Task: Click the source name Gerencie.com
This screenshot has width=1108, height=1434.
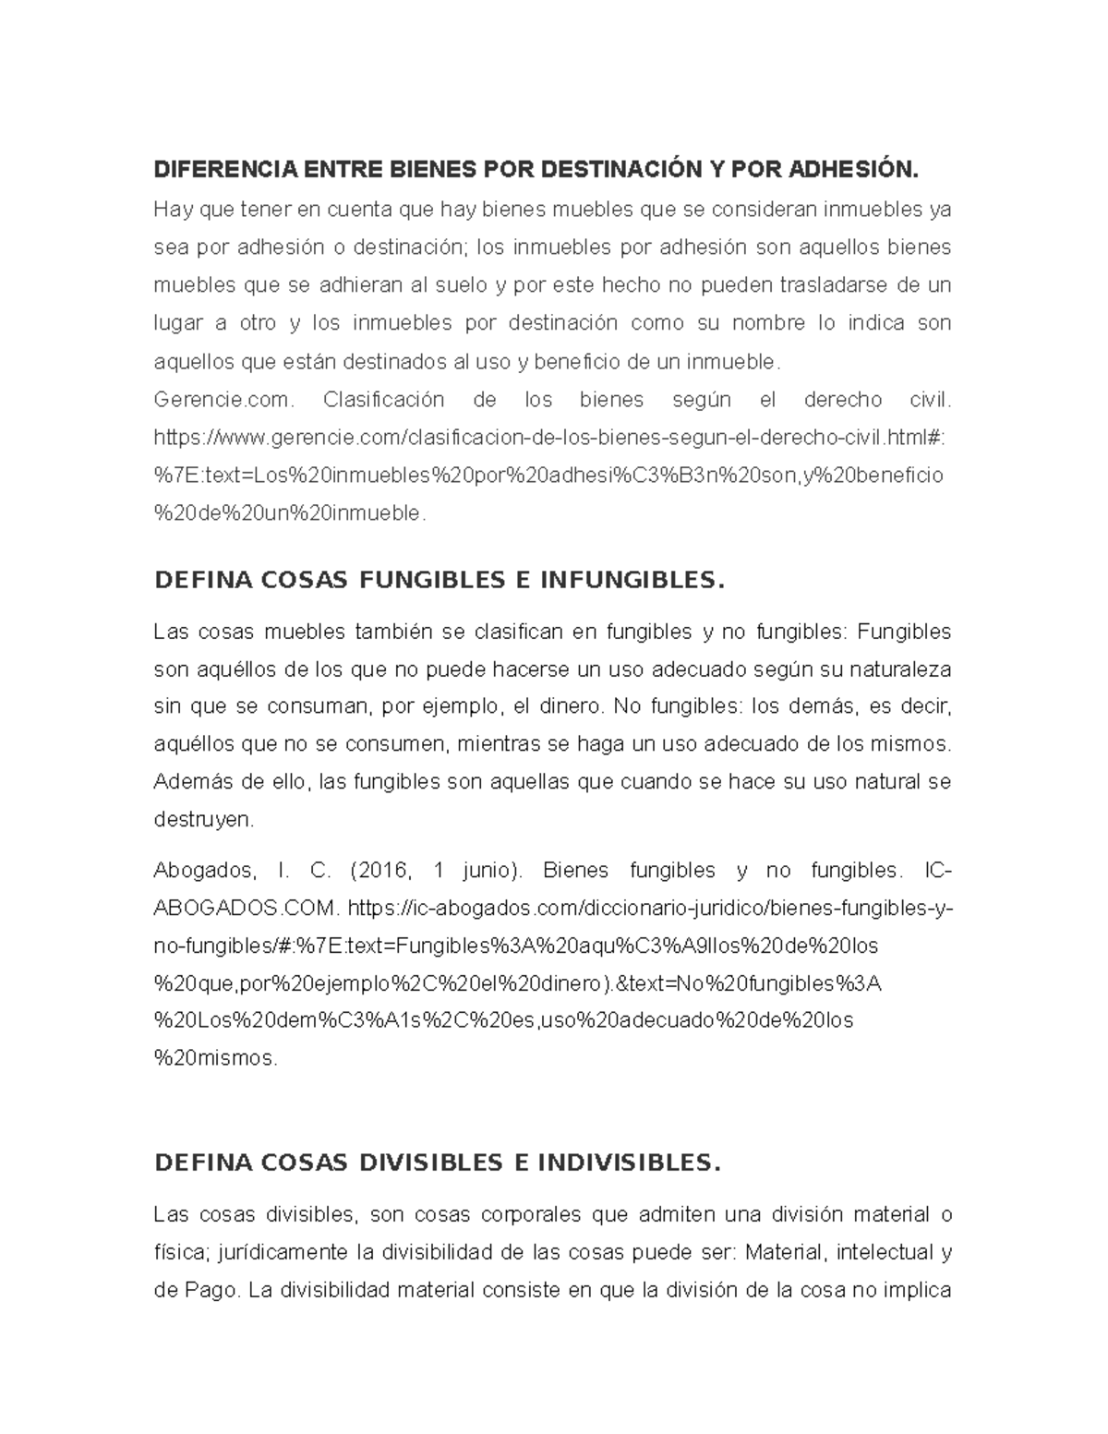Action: click(x=223, y=401)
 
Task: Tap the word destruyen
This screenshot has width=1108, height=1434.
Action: click(x=202, y=819)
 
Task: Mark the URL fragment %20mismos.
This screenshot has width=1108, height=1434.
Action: click(x=215, y=1058)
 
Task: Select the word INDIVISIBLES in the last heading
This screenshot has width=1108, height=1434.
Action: click(x=627, y=1163)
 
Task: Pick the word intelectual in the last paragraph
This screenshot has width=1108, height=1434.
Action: click(x=881, y=1252)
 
